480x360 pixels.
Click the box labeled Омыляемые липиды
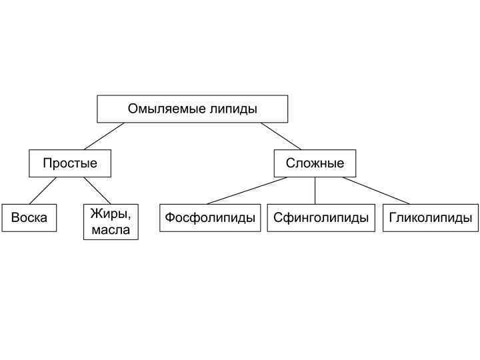coord(192,109)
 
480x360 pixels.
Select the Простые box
coord(70,163)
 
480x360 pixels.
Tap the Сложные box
coord(315,163)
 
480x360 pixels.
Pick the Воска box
coord(29,218)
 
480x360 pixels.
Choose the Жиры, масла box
coord(111,222)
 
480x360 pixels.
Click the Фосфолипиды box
coord(210,218)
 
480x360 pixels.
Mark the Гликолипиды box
coord(431,218)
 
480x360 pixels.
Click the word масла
coord(111,231)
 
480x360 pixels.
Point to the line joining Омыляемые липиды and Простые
coord(104,136)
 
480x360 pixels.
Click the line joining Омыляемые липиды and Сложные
coord(281,136)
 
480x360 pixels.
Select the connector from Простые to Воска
coord(43,191)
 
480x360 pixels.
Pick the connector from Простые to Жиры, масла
coord(97,191)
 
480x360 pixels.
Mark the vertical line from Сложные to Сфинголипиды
coord(315,191)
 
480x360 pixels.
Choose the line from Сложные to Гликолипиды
coord(376,191)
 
